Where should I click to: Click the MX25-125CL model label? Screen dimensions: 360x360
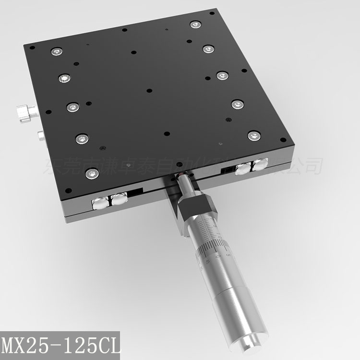pos(61,345)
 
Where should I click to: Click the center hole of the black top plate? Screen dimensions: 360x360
pos(149,90)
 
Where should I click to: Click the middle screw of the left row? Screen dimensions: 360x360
pos(72,107)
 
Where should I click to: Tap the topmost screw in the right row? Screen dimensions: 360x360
pos(194,24)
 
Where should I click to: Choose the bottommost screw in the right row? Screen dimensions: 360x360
pos(253,136)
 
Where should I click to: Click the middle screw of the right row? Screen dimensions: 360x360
pos(222,75)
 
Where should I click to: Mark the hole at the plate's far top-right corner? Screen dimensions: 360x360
pos(211,13)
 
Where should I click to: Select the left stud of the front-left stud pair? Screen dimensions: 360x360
pos(99,204)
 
